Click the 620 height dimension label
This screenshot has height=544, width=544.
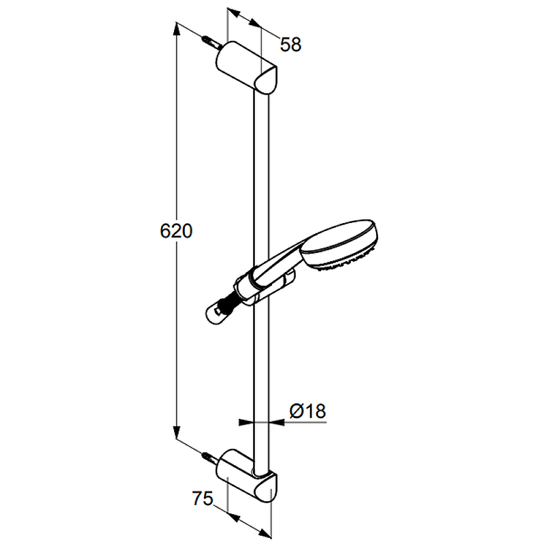(176, 231)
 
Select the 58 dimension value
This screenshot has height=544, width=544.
(291, 45)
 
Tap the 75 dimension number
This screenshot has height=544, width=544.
(203, 499)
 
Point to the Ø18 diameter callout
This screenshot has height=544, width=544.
(308, 411)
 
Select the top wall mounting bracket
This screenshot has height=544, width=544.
(246, 67)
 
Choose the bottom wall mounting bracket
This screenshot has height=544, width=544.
(246, 475)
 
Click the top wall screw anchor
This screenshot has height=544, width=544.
(211, 42)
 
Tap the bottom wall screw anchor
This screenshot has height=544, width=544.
(211, 459)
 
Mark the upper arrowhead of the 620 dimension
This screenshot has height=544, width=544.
(177, 29)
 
